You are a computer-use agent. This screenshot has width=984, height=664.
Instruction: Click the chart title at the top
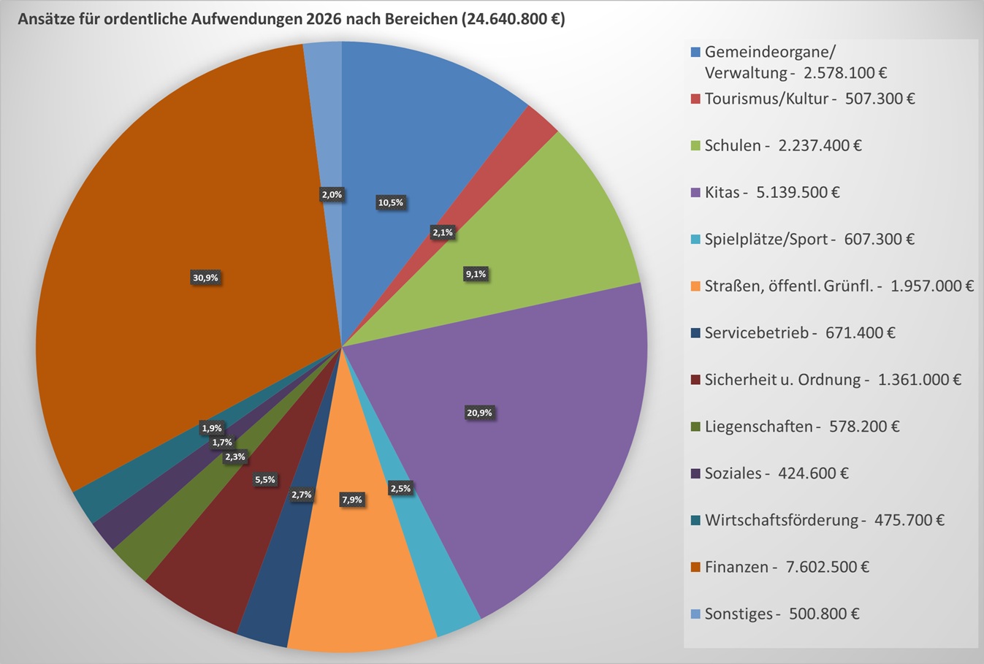pos(291,19)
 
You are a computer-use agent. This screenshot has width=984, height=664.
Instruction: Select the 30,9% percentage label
pos(205,278)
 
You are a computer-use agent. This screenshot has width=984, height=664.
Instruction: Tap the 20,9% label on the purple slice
pos(479,413)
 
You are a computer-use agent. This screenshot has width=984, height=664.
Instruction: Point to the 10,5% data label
pos(390,202)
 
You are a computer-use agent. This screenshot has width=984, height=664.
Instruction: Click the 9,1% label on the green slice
pos(476,274)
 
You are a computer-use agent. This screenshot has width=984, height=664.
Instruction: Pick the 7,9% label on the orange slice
pos(352,500)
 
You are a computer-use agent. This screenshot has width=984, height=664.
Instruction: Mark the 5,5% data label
pos(264,480)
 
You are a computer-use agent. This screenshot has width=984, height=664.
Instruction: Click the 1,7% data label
pos(222,442)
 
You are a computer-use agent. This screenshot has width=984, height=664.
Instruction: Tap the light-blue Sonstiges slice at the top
pos(324,110)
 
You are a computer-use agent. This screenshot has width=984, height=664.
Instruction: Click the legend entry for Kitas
pos(771,192)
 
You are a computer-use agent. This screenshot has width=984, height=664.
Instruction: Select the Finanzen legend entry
pos(786,567)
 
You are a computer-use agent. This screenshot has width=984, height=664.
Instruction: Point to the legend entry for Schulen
pos(782,145)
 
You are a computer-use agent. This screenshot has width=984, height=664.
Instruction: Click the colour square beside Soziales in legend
pos(695,473)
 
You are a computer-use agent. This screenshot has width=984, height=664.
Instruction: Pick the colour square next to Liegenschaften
pos(695,427)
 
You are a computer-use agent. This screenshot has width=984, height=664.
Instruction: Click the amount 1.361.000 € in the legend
pos(919,380)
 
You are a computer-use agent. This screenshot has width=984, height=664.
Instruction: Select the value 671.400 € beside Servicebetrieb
pos(860,333)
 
